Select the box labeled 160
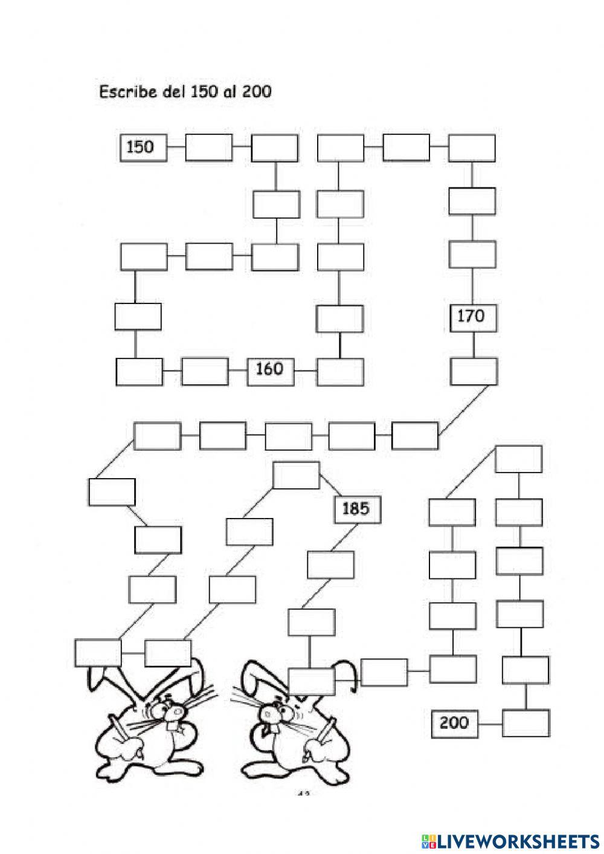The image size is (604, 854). point(271,369)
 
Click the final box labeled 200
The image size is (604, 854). point(455,723)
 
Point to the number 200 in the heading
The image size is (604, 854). point(257,92)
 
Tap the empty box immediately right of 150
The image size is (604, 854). point(208,147)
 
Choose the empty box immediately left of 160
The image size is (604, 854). point(205,371)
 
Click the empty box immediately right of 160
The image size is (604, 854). point(341,372)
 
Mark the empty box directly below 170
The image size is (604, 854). point(474,371)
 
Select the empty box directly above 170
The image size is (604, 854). point(472,254)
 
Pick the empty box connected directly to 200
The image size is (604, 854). point(526,723)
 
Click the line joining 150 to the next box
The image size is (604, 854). point(176,147)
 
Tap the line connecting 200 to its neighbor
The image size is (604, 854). point(490,723)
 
